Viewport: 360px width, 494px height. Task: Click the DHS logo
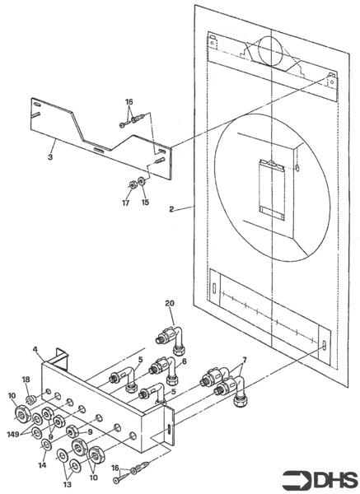tap(320, 480)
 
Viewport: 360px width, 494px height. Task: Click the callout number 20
tap(170, 303)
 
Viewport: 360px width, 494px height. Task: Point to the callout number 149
tap(13, 435)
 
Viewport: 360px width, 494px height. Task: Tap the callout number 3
tap(50, 157)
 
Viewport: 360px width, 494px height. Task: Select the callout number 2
tap(171, 209)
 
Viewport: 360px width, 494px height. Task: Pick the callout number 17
tap(125, 203)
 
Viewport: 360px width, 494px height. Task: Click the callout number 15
tap(145, 203)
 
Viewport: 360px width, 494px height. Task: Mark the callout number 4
tap(35, 349)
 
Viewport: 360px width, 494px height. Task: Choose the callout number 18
tap(26, 380)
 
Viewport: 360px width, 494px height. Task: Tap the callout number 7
tap(244, 360)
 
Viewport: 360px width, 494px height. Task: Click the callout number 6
tap(185, 361)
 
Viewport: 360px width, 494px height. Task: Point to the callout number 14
tap(42, 464)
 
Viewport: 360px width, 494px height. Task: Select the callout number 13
tap(68, 484)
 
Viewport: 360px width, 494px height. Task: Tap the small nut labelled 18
tap(30, 400)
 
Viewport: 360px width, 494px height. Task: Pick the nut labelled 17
tap(133, 184)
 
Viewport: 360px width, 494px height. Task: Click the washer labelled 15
tap(143, 180)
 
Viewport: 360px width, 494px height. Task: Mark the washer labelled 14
tap(47, 445)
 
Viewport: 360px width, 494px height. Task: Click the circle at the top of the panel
tap(270, 51)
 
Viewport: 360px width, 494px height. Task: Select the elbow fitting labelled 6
tap(164, 370)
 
